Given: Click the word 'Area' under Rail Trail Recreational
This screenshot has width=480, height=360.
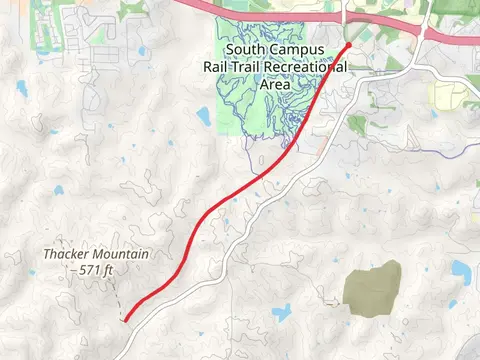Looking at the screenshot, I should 275,85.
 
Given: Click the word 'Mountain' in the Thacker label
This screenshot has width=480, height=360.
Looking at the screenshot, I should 121,255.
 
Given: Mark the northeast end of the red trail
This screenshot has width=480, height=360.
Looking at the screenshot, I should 349,45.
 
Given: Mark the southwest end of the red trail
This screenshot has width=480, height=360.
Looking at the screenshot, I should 125,320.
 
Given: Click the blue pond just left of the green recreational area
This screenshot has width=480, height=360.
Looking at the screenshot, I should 203,118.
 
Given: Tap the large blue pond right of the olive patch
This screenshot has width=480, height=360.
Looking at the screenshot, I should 461,270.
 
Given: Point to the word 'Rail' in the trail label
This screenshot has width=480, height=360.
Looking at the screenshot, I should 217,67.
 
